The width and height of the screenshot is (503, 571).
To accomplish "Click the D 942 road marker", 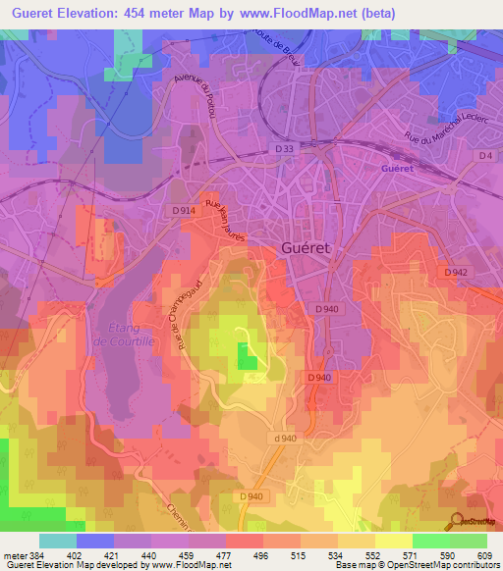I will click(454, 272).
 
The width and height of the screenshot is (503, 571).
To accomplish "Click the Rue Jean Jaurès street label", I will click(223, 221).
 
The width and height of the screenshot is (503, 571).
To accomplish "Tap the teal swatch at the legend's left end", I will click(57, 541).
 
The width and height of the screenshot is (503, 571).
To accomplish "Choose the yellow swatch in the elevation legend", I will click(393, 541).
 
